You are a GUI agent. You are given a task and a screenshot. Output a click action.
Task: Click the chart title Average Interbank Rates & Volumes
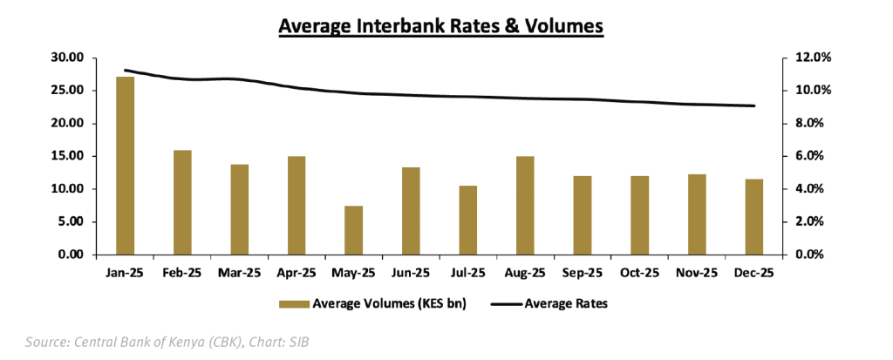[441, 27]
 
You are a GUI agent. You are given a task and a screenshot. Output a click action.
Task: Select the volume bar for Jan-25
[125, 166]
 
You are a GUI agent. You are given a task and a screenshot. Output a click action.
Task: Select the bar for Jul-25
[468, 220]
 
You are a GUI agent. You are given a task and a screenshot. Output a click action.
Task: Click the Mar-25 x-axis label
[239, 273]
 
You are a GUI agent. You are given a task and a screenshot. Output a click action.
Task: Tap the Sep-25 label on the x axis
[583, 273]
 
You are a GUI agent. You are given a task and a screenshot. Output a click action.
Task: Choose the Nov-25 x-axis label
[697, 273]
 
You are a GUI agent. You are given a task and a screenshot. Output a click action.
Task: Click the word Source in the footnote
[44, 342]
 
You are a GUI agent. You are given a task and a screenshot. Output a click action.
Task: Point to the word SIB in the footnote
[297, 342]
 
